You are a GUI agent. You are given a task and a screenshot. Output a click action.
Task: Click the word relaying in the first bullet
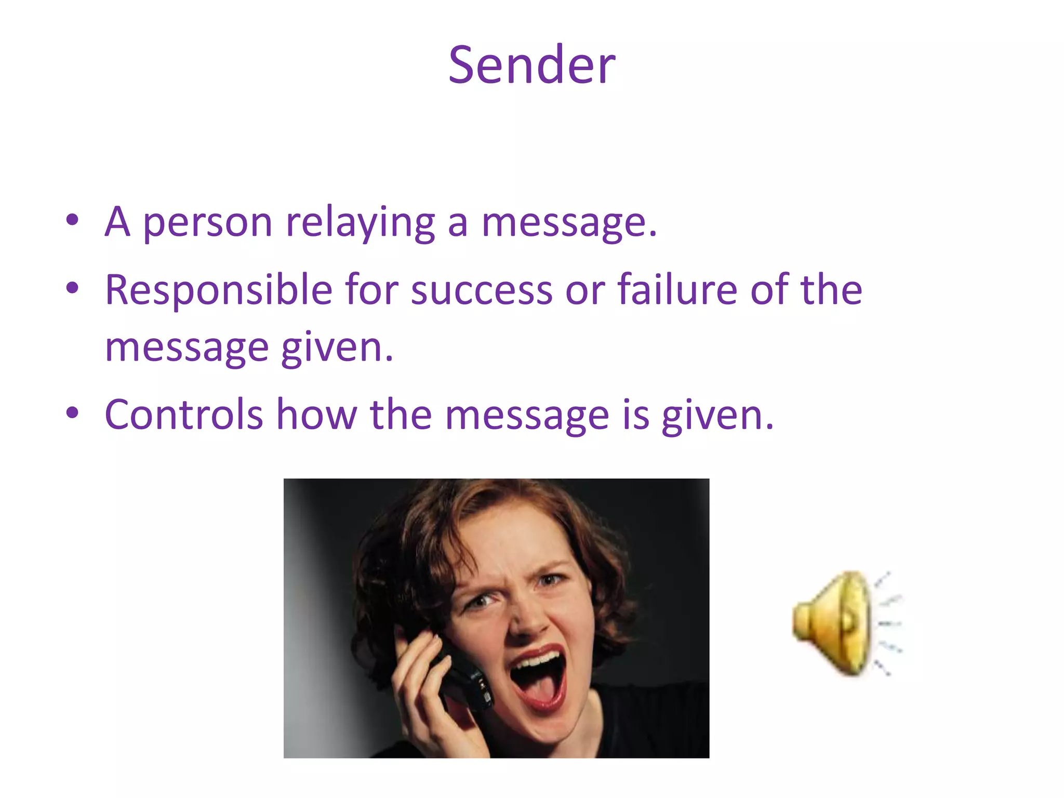point(360,222)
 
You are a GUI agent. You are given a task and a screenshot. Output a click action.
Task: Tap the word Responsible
point(218,290)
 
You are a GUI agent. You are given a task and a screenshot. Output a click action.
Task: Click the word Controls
point(184,415)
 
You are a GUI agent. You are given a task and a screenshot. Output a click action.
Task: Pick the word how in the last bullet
point(316,415)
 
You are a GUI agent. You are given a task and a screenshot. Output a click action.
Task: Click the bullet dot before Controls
point(73,414)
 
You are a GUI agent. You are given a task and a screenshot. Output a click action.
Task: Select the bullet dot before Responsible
point(73,288)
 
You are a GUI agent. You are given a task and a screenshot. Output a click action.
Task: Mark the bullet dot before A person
point(73,220)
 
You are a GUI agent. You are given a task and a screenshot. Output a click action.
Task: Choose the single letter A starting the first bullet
point(117,222)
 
